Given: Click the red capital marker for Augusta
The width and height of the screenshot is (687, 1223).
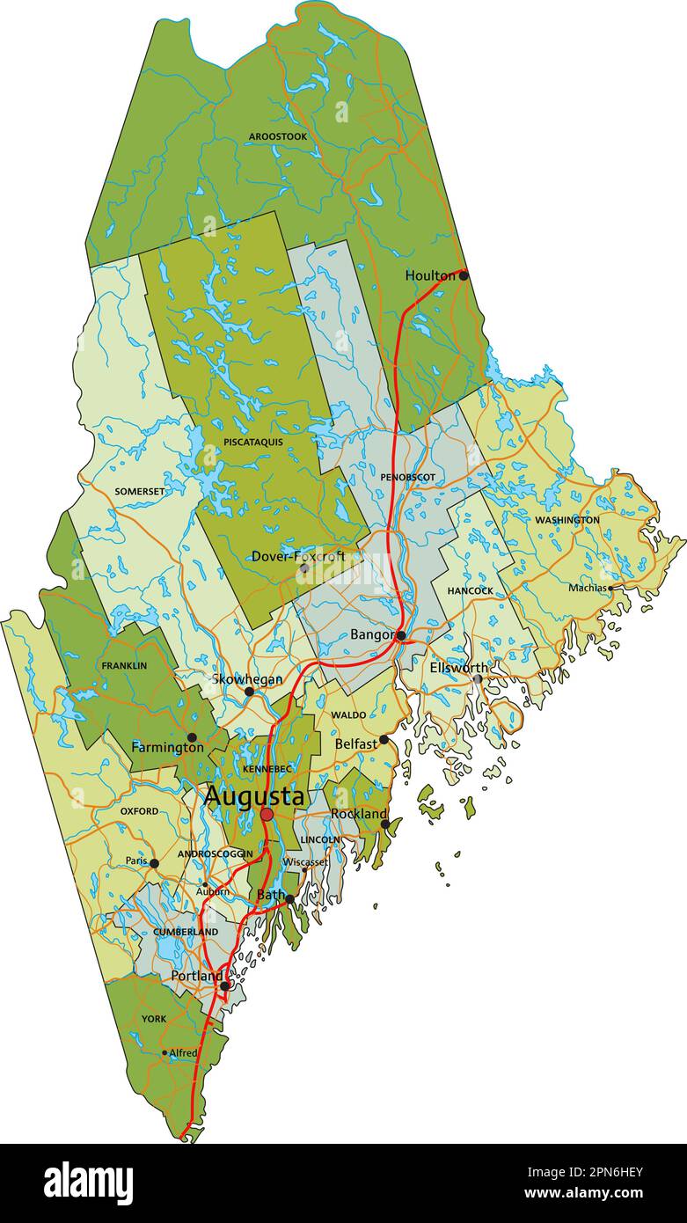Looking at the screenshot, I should [x=267, y=815].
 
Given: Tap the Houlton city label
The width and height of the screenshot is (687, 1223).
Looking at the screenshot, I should [x=430, y=275].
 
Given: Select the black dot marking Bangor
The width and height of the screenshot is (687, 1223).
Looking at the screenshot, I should [x=401, y=635].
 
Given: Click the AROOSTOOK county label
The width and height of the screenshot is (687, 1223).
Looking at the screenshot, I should [x=277, y=136].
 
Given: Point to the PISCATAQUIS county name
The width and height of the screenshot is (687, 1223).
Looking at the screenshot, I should [x=253, y=442].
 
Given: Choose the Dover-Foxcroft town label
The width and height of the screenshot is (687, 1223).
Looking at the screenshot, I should [x=298, y=556].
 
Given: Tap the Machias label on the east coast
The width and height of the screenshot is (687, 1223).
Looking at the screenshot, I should [x=587, y=588].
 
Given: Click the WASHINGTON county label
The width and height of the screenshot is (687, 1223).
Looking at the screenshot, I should [x=567, y=520].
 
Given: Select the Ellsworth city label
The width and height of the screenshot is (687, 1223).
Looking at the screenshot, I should [x=457, y=668].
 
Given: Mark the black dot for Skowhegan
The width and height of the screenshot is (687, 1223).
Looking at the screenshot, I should [x=249, y=692].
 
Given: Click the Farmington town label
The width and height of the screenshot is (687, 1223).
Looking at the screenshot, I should [x=167, y=747].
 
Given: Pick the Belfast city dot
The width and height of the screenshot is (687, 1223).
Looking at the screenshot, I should [x=384, y=740].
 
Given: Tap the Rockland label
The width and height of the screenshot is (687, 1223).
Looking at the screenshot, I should [x=358, y=814].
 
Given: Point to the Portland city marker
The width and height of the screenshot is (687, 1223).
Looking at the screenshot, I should [x=225, y=986].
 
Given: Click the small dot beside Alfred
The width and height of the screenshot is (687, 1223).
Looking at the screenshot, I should [x=164, y=1052].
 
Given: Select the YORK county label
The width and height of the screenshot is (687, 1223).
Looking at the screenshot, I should [x=153, y=1019].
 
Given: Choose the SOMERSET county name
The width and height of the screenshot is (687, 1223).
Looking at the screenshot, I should [x=139, y=491].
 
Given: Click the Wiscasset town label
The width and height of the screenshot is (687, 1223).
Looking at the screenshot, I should [x=304, y=862].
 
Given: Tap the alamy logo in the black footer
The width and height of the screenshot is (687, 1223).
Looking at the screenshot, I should [x=89, y=1183].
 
